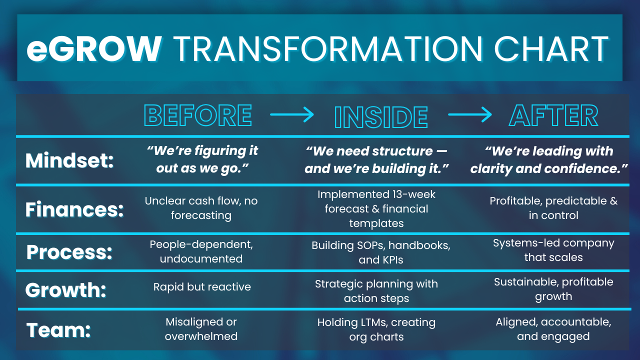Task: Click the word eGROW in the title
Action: point(94,48)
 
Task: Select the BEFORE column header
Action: point(198,116)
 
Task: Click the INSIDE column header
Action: point(380,117)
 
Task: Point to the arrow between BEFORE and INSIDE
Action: point(292,115)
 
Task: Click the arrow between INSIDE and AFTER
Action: point(470,115)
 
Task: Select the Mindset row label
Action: point(69,160)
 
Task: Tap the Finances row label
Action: point(74,209)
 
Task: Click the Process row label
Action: point(69,252)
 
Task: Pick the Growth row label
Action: point(66,290)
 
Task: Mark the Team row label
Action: point(58,330)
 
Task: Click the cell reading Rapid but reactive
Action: point(202,287)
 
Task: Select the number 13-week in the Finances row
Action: point(409,194)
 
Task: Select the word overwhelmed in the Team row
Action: point(201,336)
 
